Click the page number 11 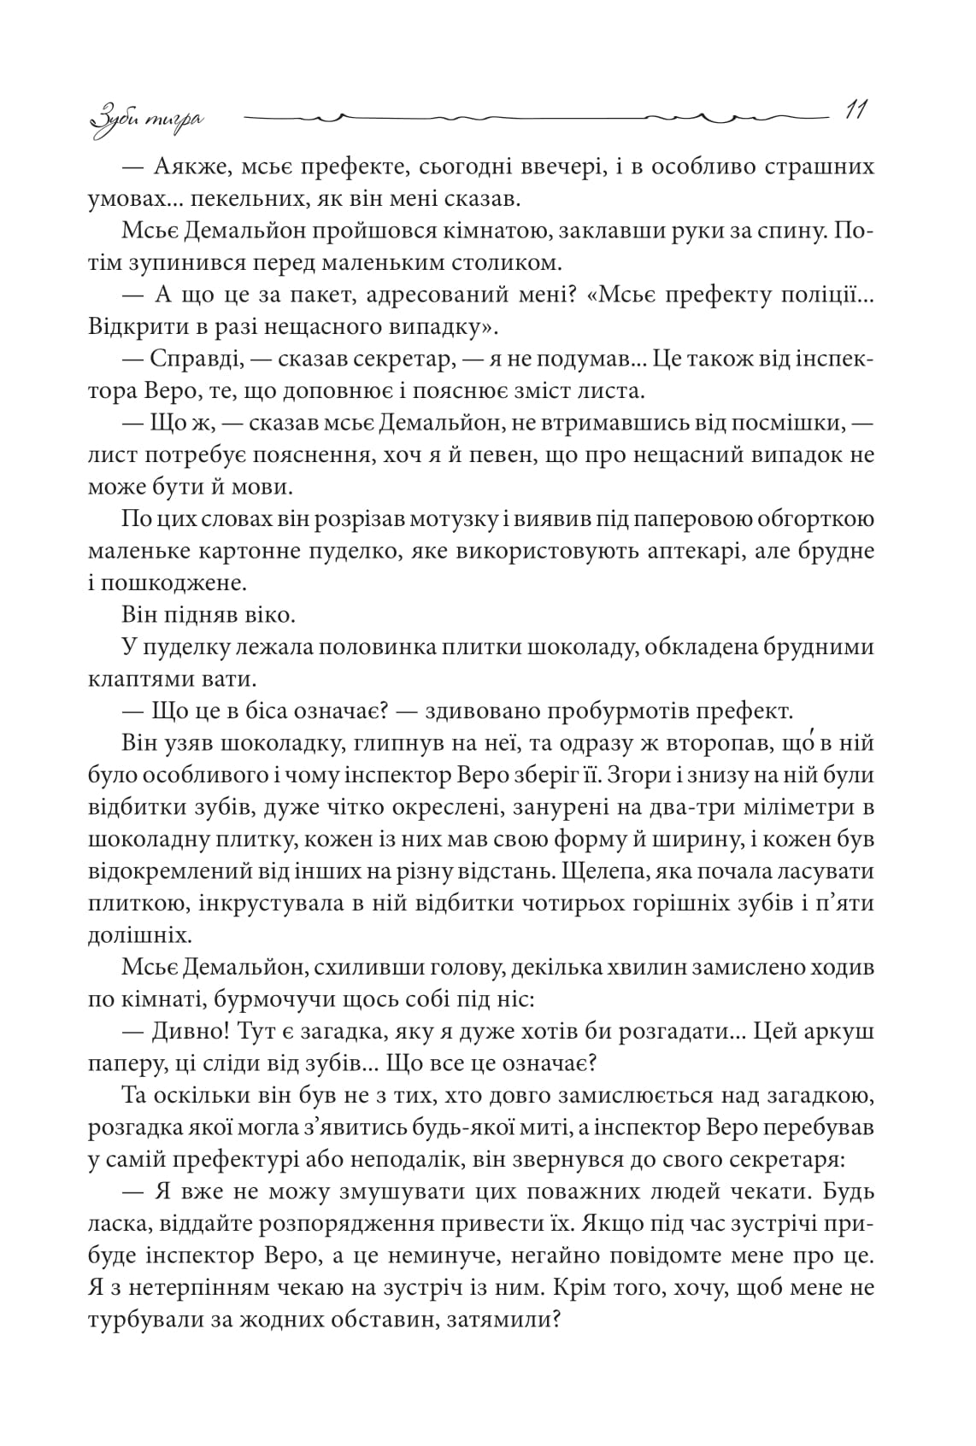(855, 111)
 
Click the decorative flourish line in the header (538, 114)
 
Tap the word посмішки (786, 423)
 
